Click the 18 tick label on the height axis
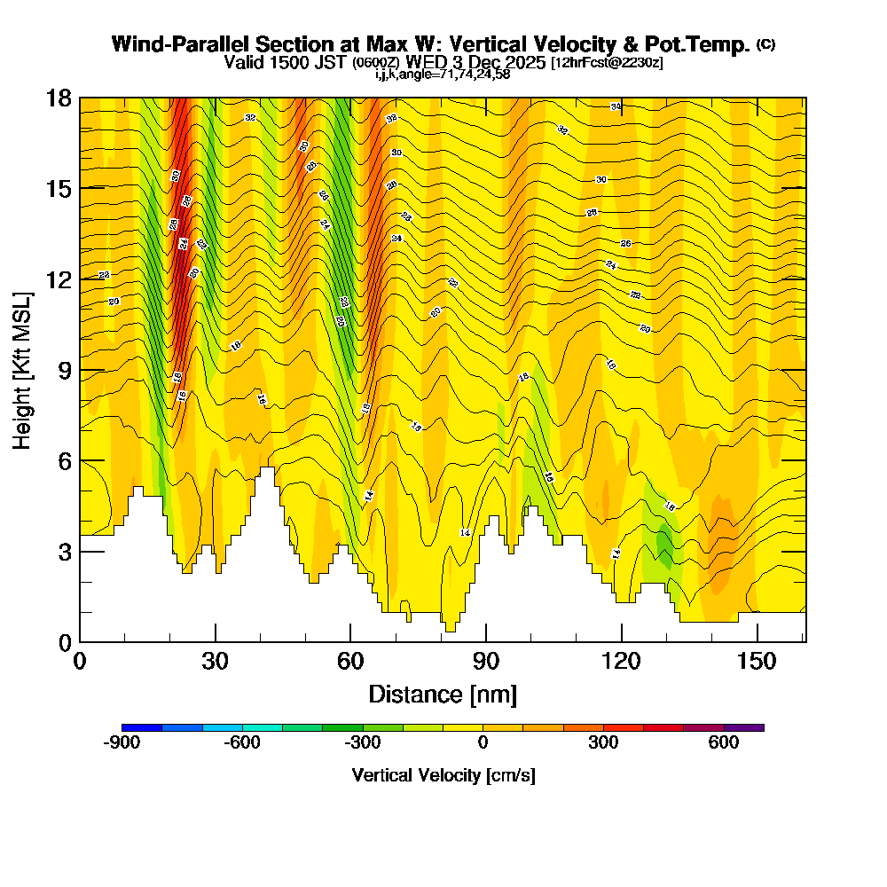pyautogui.click(x=59, y=98)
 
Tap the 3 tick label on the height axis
pyautogui.click(x=65, y=552)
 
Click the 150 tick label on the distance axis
pyautogui.click(x=757, y=662)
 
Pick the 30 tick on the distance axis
pyautogui.click(x=216, y=641)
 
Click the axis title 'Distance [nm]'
pyautogui.click(x=443, y=694)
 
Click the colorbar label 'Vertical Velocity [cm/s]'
pyautogui.click(x=443, y=775)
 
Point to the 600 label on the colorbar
pyautogui.click(x=724, y=743)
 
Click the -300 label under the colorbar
pyautogui.click(x=362, y=743)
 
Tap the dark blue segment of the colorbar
pyautogui.click(x=142, y=727)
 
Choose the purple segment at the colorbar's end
pyautogui.click(x=744, y=727)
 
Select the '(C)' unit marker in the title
pyautogui.click(x=765, y=44)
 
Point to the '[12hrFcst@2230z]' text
pyautogui.click(x=607, y=63)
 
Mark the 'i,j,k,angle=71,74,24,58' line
pyautogui.click(x=443, y=74)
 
